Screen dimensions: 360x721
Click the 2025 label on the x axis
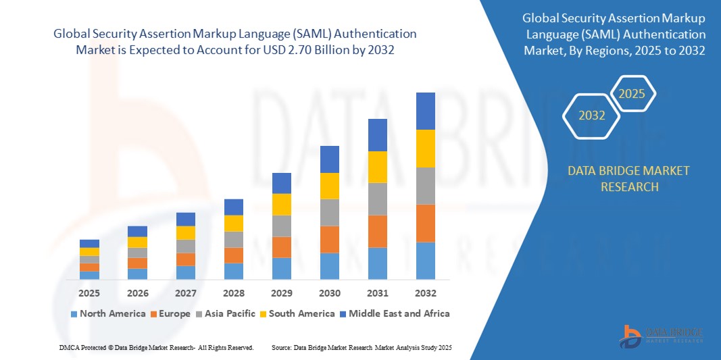[89, 293]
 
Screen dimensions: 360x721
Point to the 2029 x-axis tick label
[282, 293]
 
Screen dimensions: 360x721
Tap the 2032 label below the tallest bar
[426, 293]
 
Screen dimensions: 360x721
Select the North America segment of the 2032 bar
[426, 261]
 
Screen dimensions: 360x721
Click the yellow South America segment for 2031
[378, 167]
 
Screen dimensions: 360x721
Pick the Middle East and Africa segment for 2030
[330, 159]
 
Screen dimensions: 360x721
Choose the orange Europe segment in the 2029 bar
[282, 247]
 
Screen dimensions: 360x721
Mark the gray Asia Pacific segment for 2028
[234, 240]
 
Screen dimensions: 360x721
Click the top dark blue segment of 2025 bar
[89, 244]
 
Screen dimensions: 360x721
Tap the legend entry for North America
[108, 313]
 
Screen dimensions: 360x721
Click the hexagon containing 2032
[592, 115]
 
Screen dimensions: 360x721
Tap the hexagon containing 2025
[632, 94]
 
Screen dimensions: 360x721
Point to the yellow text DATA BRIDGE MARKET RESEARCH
[629, 178]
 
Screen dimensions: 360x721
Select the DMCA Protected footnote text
[156, 347]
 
